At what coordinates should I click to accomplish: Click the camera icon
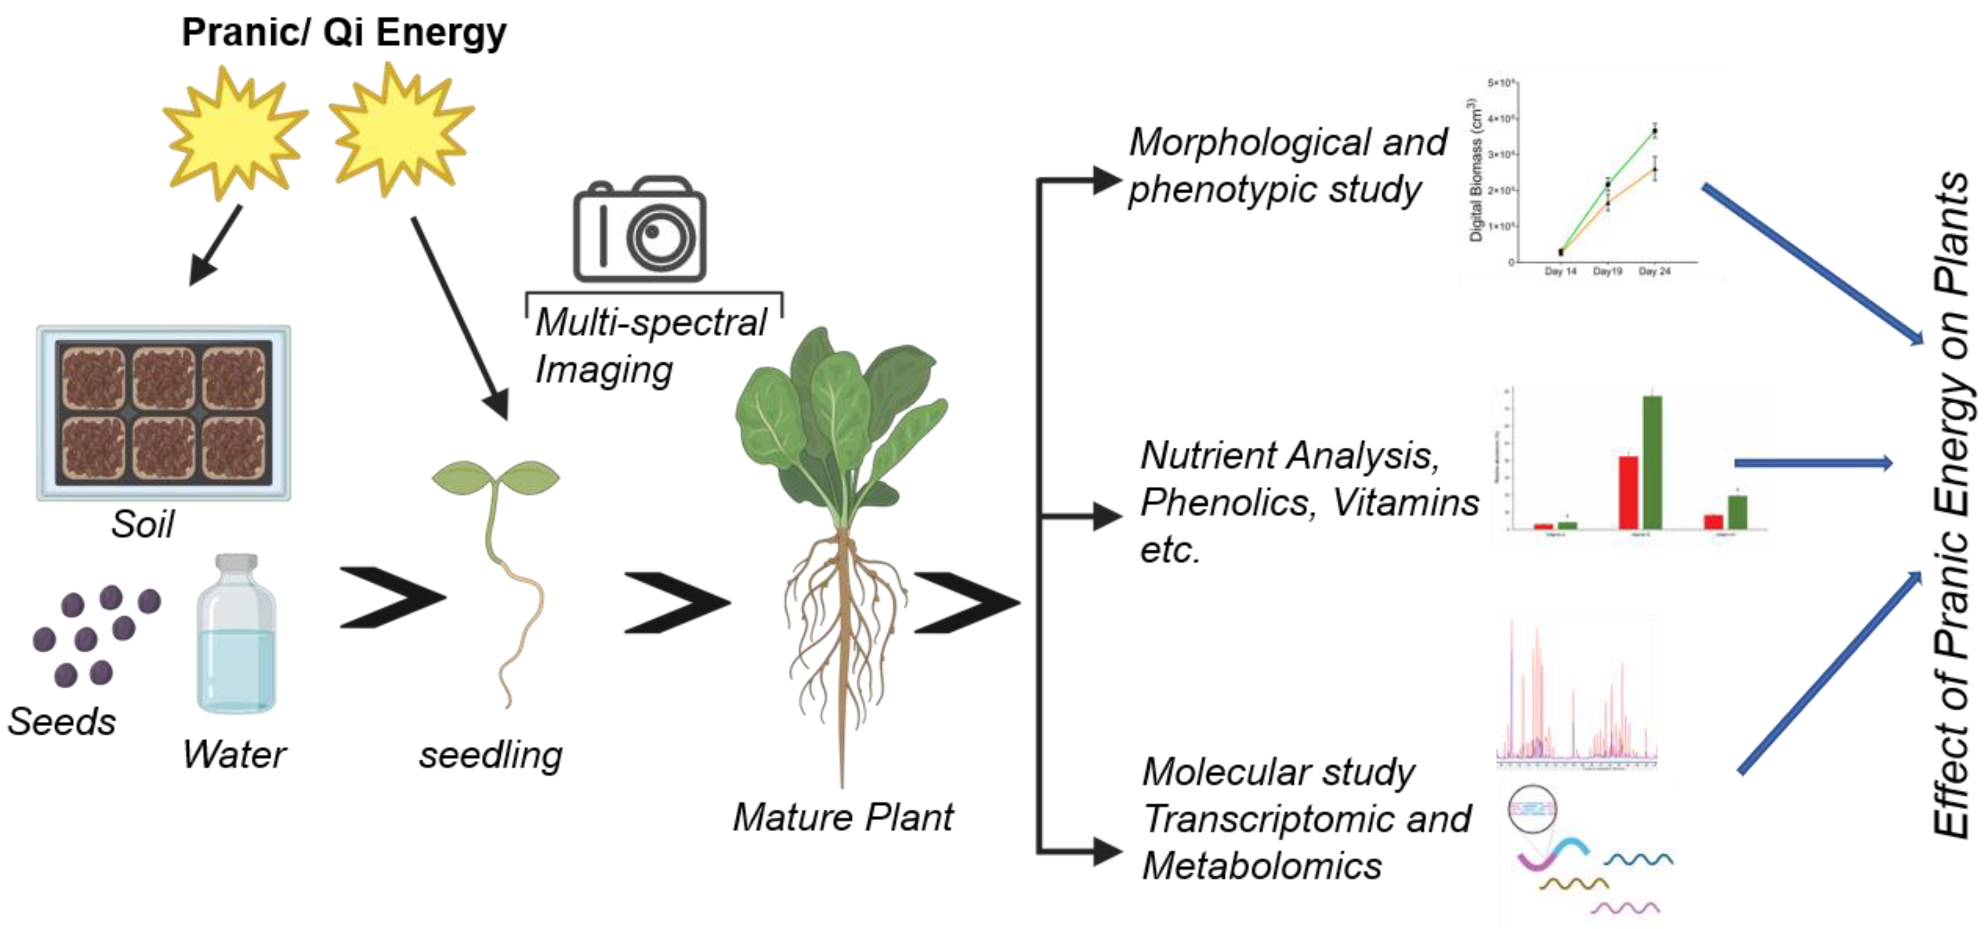pos(639,231)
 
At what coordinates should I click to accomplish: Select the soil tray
pos(163,413)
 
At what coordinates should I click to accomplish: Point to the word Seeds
pos(62,722)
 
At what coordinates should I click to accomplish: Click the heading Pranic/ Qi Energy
pos(344,32)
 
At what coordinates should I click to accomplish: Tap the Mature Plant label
pos(842,816)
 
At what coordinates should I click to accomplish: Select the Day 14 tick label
pos(1561,271)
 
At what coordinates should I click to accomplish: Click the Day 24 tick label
pos(1654,271)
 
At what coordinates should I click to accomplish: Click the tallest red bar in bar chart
pos(1628,492)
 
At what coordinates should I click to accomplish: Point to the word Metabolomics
pos(1262,866)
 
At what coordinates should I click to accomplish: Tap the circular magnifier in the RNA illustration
pos(1532,809)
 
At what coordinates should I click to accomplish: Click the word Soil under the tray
pos(143,525)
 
